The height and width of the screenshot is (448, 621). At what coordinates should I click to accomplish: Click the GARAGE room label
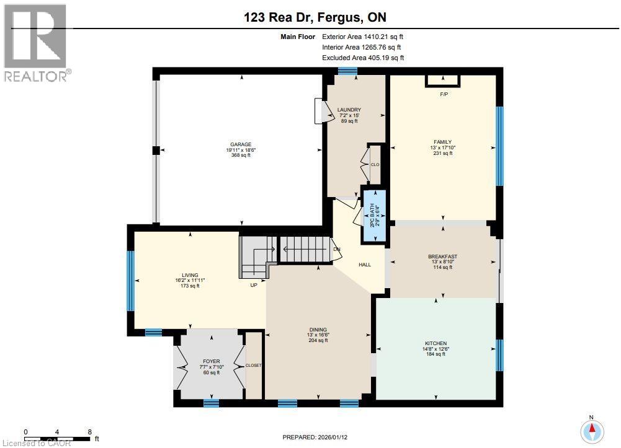point(241,145)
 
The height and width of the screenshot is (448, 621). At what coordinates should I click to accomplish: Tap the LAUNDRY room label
point(349,110)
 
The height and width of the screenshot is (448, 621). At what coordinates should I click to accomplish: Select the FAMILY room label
point(442,142)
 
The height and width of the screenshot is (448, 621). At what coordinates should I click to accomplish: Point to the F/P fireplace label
point(444,95)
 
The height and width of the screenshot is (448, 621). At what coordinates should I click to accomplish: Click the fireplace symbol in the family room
point(443,81)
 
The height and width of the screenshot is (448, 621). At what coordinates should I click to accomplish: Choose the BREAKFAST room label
point(442,257)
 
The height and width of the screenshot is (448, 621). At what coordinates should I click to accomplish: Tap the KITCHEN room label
point(436,344)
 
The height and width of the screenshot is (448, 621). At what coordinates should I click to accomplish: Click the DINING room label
point(318,330)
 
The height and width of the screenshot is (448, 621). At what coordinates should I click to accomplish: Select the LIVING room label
point(190,275)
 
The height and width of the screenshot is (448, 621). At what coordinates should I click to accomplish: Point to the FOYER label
point(211,361)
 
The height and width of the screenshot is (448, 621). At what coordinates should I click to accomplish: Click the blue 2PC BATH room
point(375,216)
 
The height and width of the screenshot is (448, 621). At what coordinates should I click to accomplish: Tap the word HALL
point(365,265)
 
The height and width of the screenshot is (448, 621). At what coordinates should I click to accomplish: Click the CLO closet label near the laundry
point(375,164)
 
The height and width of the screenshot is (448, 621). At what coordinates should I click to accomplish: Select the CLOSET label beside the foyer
point(254,366)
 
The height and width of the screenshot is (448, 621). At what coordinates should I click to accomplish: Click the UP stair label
point(254,285)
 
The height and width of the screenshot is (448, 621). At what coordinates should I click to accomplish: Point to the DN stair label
point(337,249)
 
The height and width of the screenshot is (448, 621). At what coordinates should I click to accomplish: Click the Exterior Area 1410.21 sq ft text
point(362,37)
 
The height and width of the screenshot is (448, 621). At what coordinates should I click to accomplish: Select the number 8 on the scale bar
point(90,432)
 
